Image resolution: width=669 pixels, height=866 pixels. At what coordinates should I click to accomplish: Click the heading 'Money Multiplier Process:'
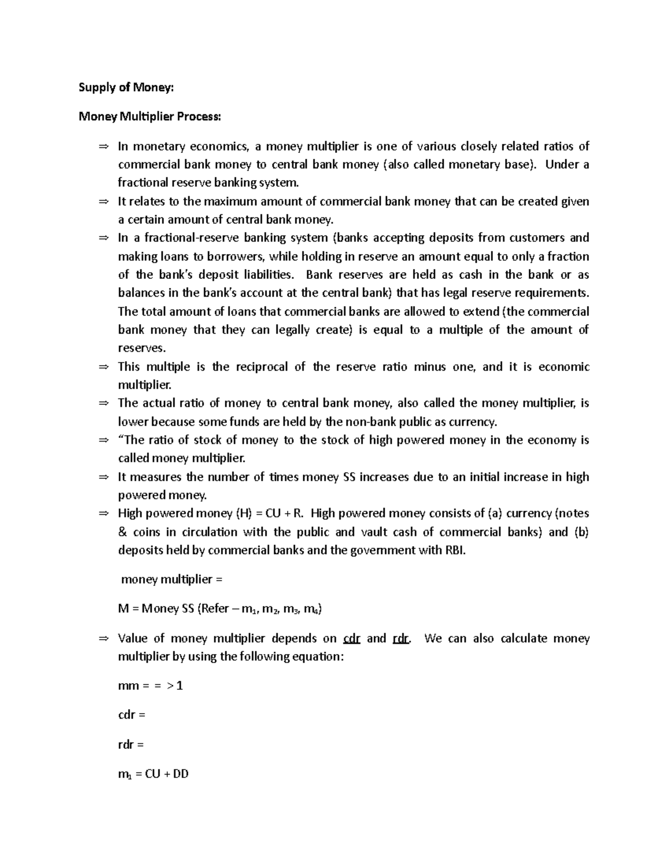(x=149, y=117)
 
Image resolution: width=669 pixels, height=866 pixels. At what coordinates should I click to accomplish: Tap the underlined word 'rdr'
(x=401, y=638)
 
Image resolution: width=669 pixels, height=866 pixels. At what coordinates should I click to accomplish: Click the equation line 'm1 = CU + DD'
(x=153, y=774)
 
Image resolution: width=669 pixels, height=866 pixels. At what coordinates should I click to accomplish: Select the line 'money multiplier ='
(x=172, y=579)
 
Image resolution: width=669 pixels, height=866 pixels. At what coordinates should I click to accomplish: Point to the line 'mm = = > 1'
(x=151, y=686)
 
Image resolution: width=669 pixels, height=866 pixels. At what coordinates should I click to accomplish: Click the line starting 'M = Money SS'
(x=220, y=609)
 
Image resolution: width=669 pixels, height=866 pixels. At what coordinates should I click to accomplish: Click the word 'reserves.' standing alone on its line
(x=142, y=349)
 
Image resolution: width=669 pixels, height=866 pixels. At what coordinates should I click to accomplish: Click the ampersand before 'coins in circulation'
(x=123, y=532)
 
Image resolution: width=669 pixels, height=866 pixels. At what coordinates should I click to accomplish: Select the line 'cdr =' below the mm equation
(x=132, y=715)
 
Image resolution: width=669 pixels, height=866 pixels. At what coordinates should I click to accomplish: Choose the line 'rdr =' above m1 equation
(x=131, y=744)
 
